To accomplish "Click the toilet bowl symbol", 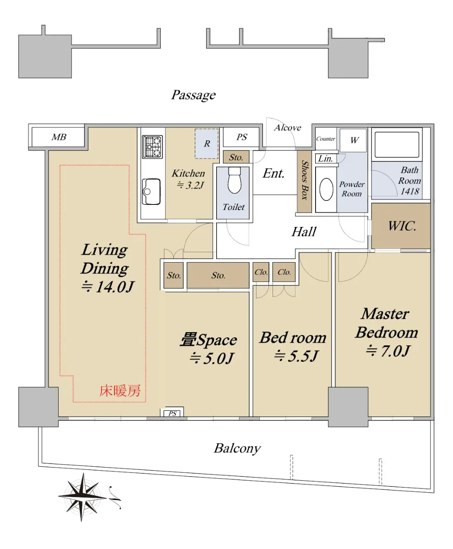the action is tap(234, 180).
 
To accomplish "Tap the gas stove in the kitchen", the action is tap(152, 147).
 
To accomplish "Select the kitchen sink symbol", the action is tap(151, 191).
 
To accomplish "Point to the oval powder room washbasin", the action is tap(326, 189).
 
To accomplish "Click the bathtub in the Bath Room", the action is tap(397, 145).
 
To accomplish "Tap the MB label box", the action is tap(58, 137).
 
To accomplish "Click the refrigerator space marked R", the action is tap(207, 144).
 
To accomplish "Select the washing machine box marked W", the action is tap(353, 140).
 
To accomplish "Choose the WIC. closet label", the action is tap(402, 226).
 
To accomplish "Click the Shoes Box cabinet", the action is tap(304, 182).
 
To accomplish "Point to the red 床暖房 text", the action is tap(120, 391).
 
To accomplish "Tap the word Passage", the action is tap(193, 95).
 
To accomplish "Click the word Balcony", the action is tap(237, 448).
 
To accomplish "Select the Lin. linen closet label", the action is tap(325, 159).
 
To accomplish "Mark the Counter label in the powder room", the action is tap(326, 139).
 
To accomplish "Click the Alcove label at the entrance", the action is tap(288, 128).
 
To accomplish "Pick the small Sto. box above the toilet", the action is tap(236, 157).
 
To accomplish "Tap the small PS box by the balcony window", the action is tap(172, 414).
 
